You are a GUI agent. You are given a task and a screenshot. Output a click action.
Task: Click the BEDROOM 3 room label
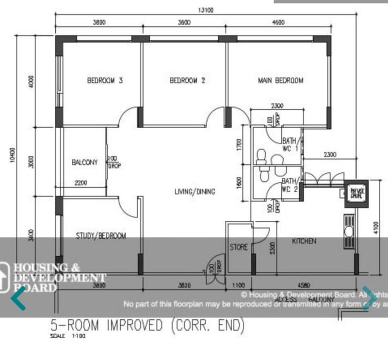(x=104, y=81)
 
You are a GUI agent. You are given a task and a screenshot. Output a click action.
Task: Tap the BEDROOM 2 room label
(x=188, y=81)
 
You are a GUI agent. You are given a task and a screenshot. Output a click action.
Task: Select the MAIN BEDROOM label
(x=280, y=81)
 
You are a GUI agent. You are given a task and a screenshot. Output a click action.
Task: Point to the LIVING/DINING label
(x=195, y=192)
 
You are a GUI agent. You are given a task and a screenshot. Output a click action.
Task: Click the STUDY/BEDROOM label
(x=101, y=236)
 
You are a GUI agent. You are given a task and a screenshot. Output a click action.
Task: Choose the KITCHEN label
(x=304, y=241)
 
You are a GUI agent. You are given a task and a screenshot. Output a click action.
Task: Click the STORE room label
(x=239, y=247)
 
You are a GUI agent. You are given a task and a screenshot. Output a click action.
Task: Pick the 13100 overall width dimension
(x=204, y=11)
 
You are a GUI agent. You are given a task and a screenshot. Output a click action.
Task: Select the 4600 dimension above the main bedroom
(x=278, y=22)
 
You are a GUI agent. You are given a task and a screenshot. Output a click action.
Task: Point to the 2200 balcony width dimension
(x=81, y=183)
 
